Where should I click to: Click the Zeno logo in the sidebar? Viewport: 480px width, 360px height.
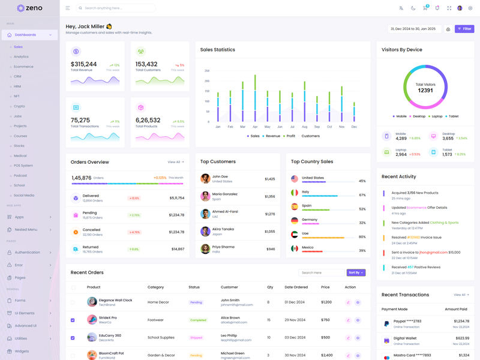click(29, 8)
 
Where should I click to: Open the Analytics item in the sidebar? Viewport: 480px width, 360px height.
click(21, 56)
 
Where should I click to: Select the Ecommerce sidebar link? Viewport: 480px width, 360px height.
click(23, 67)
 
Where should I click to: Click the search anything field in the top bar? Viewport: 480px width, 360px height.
click(116, 8)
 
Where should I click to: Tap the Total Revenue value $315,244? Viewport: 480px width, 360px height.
click(83, 64)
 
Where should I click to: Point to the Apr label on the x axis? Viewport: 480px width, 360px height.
click(255, 127)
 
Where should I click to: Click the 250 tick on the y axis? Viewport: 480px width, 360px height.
click(207, 71)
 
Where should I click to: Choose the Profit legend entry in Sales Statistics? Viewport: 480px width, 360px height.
click(290, 136)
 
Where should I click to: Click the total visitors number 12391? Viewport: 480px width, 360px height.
click(425, 90)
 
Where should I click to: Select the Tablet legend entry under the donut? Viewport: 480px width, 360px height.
click(452, 116)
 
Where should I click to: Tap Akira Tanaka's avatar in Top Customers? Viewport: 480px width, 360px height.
click(205, 231)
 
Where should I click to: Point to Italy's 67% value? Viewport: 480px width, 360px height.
click(362, 195)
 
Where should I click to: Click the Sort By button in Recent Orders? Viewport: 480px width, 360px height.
click(356, 272)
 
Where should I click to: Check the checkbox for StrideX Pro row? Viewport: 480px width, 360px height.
click(73, 320)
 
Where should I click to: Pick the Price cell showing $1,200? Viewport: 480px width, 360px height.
click(326, 302)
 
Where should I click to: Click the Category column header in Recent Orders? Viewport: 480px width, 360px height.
click(155, 287)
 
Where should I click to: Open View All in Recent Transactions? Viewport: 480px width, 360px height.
click(461, 295)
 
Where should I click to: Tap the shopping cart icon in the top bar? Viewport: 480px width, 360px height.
click(425, 8)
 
